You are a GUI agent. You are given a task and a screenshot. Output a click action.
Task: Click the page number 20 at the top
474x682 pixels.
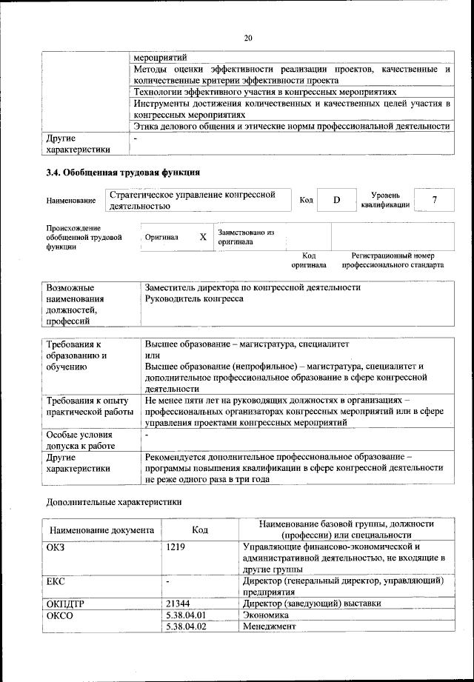pyautogui.click(x=247, y=38)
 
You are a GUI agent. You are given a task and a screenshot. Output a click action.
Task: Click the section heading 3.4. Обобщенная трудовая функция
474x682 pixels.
pyautogui.click(x=123, y=174)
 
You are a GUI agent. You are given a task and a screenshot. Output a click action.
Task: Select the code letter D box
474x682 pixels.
pyautogui.click(x=336, y=200)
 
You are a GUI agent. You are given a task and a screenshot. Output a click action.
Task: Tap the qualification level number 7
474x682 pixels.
pyautogui.click(x=434, y=200)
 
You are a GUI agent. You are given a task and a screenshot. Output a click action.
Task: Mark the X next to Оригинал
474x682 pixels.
pyautogui.click(x=203, y=237)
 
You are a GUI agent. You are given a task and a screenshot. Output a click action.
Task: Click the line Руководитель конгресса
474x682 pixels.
pyautogui.click(x=194, y=299)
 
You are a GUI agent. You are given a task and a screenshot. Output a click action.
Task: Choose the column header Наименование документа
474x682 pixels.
pyautogui.click(x=102, y=530)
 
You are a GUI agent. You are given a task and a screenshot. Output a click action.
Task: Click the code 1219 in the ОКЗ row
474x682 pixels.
pyautogui.click(x=176, y=546)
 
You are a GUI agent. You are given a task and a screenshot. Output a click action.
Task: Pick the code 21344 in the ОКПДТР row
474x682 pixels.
pyautogui.click(x=179, y=604)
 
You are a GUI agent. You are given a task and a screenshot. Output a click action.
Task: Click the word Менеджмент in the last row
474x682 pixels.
pyautogui.click(x=269, y=626)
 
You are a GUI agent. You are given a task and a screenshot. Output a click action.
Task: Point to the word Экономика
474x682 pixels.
pyautogui.click(x=267, y=615)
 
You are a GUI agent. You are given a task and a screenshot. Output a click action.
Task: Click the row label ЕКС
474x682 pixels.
pyautogui.click(x=56, y=581)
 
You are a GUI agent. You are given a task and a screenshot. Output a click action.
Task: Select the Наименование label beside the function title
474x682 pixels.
pyautogui.click(x=70, y=201)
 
